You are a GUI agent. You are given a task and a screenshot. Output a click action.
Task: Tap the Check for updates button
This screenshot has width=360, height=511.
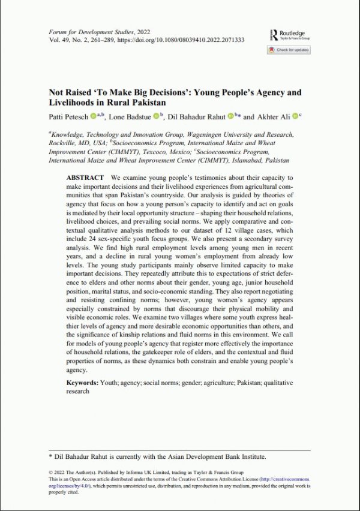pyautogui.click(x=289, y=50)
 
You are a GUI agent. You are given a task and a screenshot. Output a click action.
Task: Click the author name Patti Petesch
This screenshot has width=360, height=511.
pyautogui.click(x=69, y=116)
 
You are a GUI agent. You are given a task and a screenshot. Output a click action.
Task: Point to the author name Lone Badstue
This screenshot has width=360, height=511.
pyautogui.click(x=130, y=116)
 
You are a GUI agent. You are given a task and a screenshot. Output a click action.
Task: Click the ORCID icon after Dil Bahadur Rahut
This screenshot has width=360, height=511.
pyautogui.click(x=230, y=116)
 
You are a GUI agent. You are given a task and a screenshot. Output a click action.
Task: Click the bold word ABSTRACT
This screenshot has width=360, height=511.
pyautogui.click(x=84, y=178)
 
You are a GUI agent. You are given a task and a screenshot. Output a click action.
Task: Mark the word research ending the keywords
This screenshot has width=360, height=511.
pyautogui.click(x=77, y=391)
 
